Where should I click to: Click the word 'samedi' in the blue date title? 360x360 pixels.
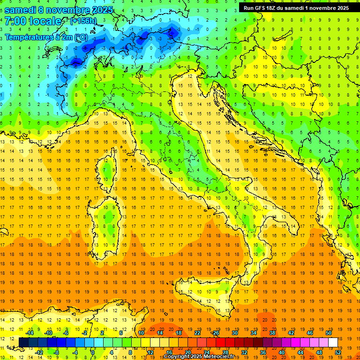(x=21, y=9)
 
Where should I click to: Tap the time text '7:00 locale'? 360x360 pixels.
(x=33, y=21)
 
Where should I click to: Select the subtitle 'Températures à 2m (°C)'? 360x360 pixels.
(x=46, y=37)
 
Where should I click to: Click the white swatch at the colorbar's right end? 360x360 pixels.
(x=333, y=342)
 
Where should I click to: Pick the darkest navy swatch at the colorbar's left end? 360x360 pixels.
(x=23, y=342)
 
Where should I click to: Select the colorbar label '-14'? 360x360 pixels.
(x=30, y=333)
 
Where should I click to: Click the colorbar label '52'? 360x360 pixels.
(x=338, y=352)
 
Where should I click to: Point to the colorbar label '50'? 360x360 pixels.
(x=329, y=333)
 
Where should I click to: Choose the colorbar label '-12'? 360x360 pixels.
(x=39, y=352)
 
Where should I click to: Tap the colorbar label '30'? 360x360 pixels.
(x=235, y=333)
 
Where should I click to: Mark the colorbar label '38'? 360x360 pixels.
(x=272, y=333)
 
